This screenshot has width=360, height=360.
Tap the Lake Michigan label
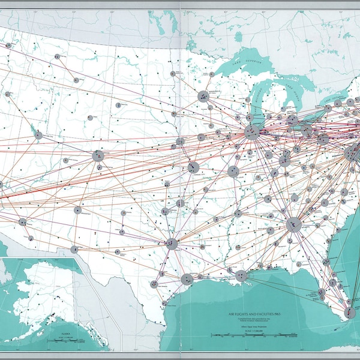pos(256,97)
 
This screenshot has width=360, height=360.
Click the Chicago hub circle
pos(251,132)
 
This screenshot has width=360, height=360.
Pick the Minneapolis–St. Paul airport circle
pos(204,96)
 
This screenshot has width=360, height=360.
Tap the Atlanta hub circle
pos(293,224)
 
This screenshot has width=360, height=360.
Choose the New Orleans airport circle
pos(242,276)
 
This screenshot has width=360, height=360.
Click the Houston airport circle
pos(187,279)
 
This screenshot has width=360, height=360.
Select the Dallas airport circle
pos(172,243)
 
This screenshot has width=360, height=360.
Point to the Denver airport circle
pos(98,155)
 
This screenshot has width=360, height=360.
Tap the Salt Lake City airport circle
pos(38,135)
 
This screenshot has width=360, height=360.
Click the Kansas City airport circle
pos(193,167)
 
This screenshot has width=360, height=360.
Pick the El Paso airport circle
pos(74,249)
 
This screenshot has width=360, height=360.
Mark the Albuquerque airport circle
pos(78,210)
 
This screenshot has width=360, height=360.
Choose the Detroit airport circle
pos(292,120)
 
